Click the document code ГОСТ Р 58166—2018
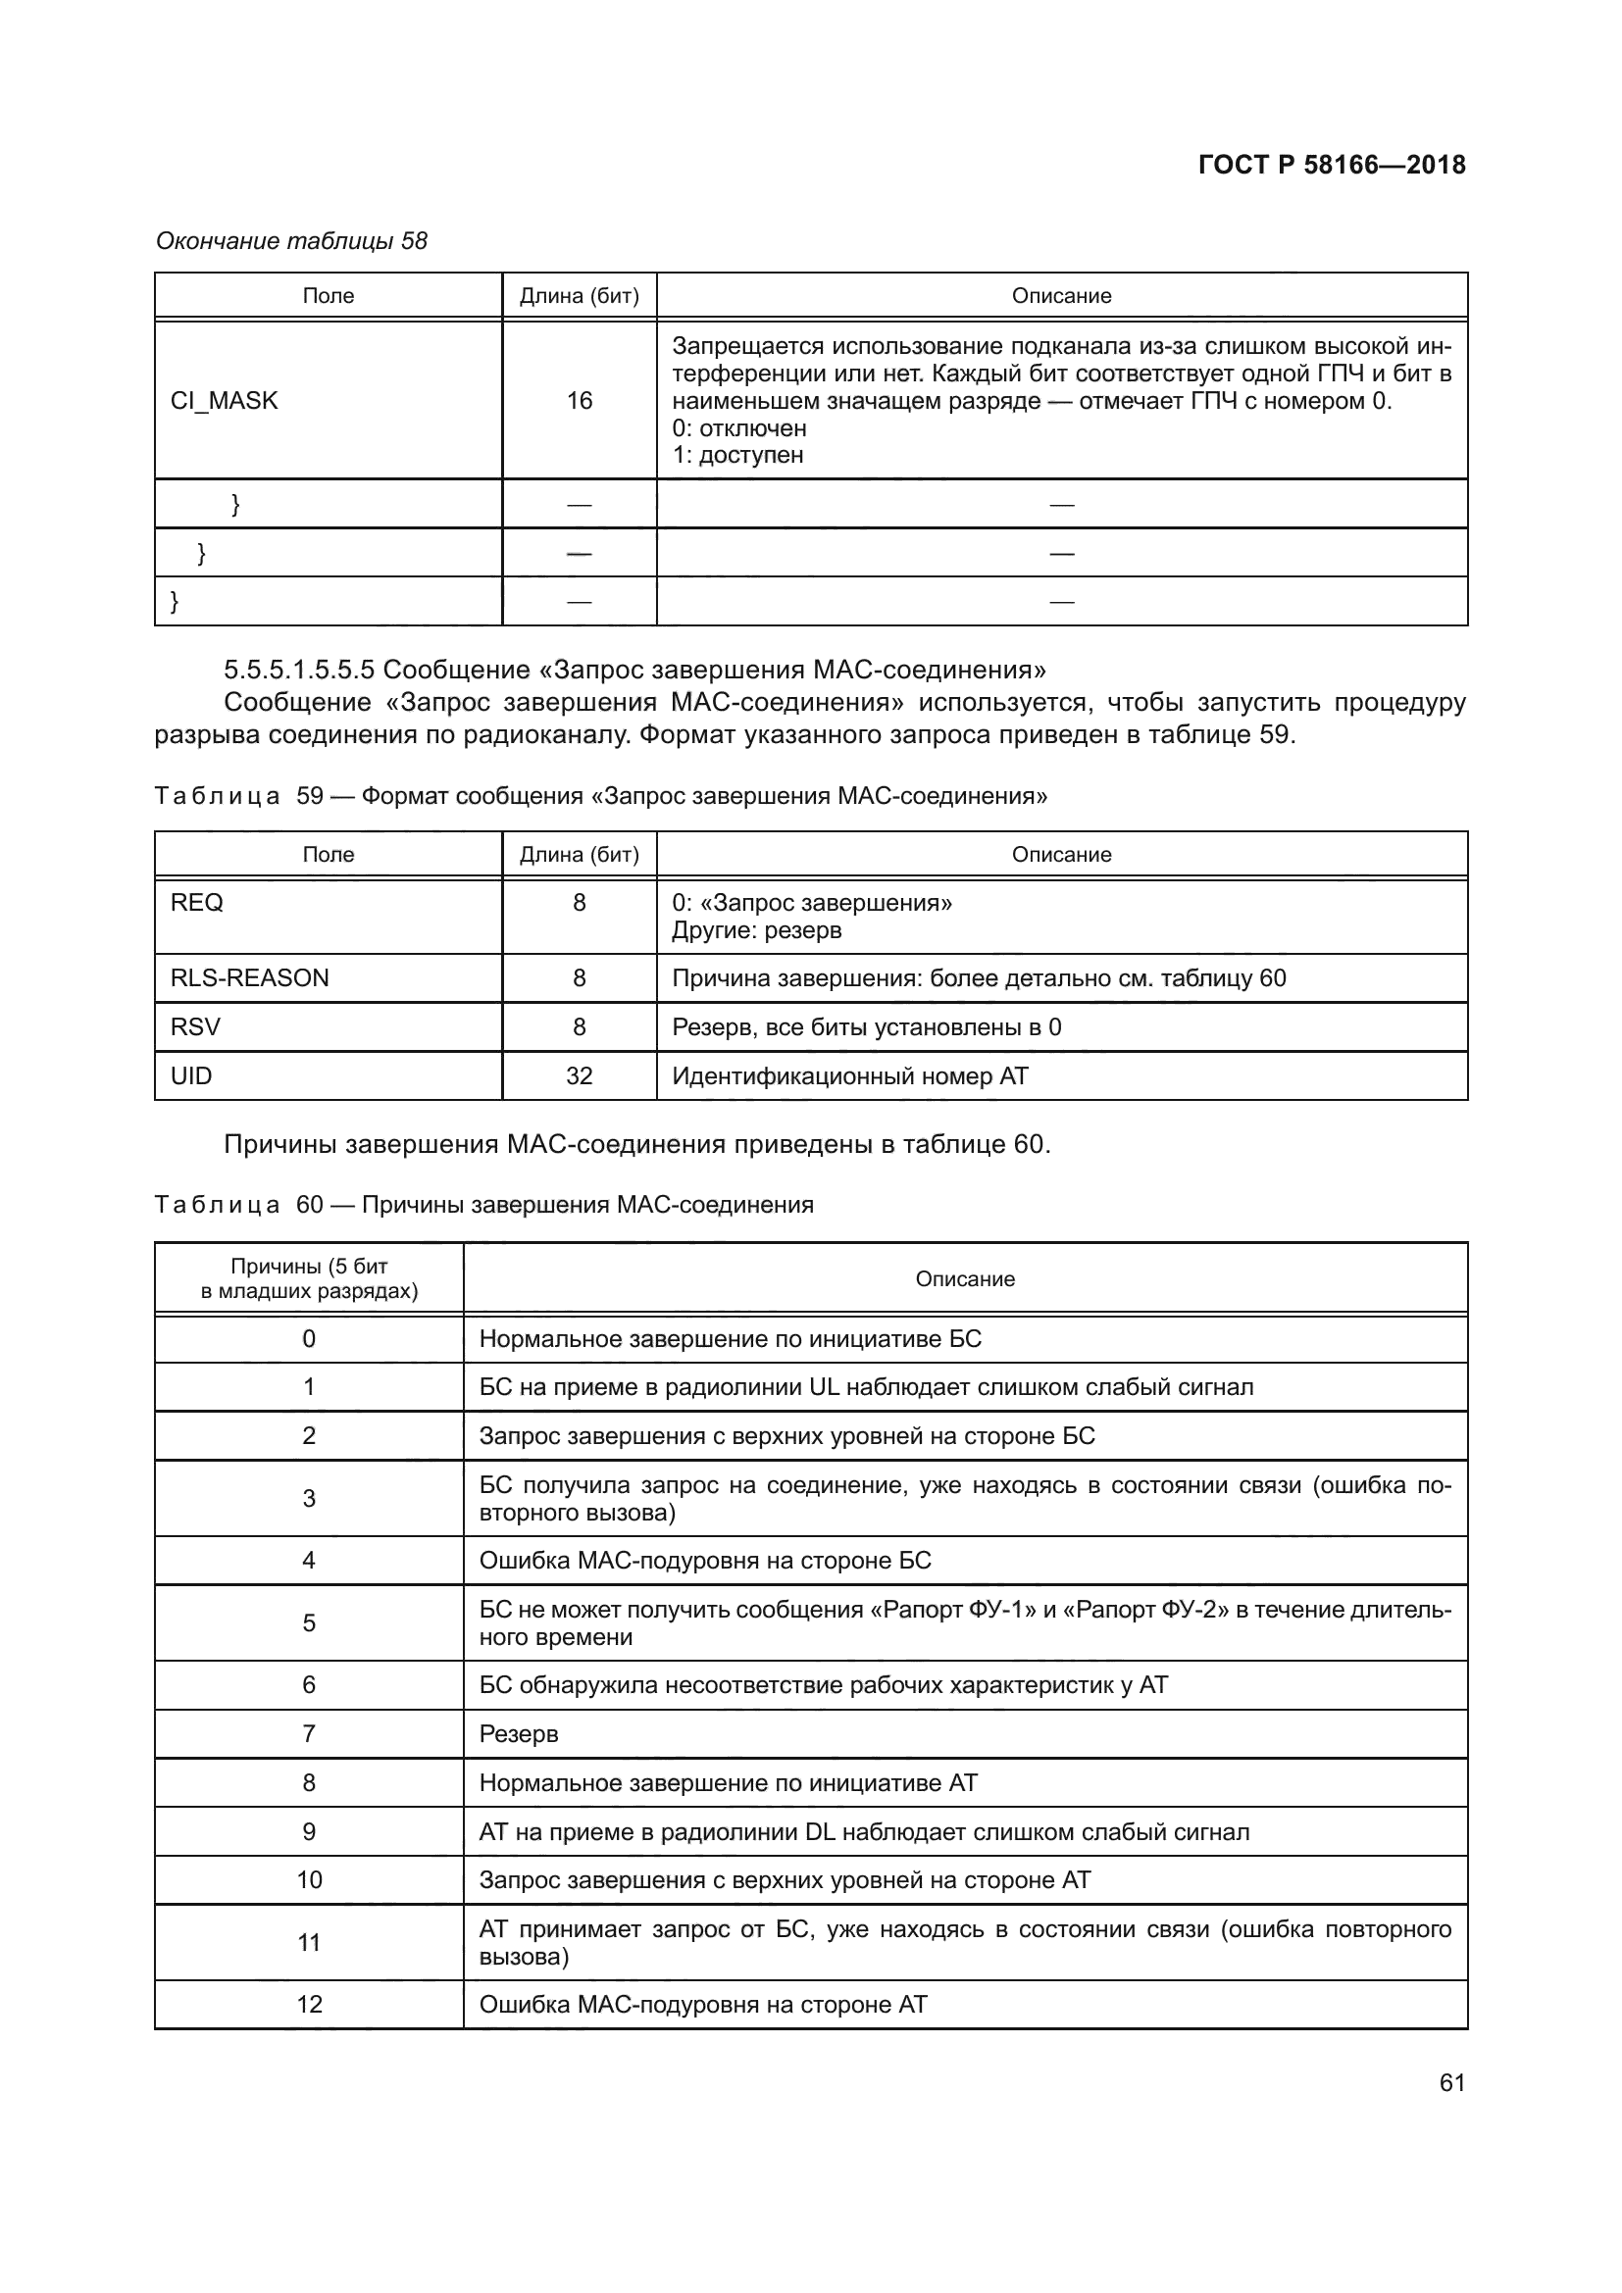pos(1332,165)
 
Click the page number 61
pos(1452,2082)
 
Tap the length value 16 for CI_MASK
pos(580,401)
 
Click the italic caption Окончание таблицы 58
pos(291,241)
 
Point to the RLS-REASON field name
pos(250,977)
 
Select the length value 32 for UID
pos(580,1075)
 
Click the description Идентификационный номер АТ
pos(850,1075)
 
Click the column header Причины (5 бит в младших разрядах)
pos(309,1278)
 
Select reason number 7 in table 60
pos(309,1734)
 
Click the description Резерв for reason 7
pos(519,1734)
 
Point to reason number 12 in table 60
pos(309,2005)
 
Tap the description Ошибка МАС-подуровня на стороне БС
pos(705,1560)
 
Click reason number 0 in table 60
pos(309,1338)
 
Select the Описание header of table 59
pos(1061,854)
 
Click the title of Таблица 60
pos(484,1205)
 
